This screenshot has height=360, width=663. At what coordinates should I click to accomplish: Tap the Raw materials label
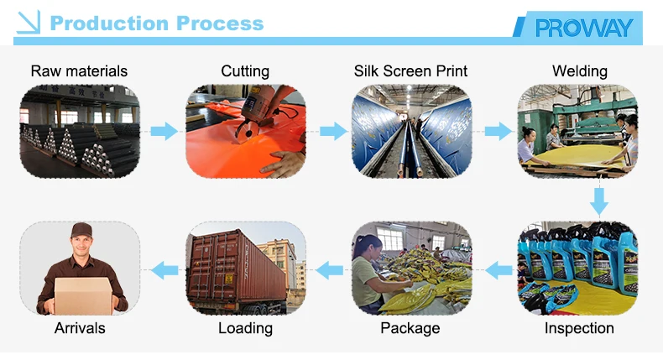pos(79,71)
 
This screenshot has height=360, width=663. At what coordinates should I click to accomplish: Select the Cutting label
pos(245,71)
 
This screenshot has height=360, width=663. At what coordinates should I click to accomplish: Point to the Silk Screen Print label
pos(410,71)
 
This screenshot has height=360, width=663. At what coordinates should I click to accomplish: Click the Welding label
pos(579,71)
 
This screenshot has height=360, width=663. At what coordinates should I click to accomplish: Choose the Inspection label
pos(579,328)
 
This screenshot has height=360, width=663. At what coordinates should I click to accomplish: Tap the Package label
pos(410,328)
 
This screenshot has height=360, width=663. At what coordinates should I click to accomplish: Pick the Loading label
pos(245,328)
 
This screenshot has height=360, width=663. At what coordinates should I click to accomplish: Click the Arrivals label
pos(80,328)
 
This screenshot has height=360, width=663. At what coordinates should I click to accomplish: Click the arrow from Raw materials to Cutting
pos(162,132)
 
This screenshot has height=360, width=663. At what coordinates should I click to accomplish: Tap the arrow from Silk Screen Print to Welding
pos(495,132)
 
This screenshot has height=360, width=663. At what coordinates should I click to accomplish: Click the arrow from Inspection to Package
pos(496,269)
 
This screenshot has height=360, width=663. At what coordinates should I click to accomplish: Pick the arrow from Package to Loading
pos(329,269)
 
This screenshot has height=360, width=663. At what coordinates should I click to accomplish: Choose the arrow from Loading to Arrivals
pos(163,269)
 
